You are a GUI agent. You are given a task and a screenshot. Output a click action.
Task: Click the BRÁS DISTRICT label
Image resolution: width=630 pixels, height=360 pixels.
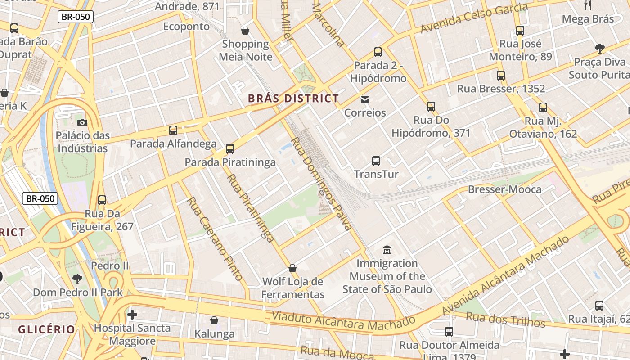(x=293, y=99)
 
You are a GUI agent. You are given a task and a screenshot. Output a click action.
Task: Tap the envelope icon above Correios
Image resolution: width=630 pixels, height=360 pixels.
(x=364, y=99)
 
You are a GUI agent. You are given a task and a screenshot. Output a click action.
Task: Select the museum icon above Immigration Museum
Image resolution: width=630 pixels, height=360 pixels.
(x=387, y=250)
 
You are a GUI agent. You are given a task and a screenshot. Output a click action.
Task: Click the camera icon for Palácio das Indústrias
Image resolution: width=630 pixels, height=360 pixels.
(x=82, y=122)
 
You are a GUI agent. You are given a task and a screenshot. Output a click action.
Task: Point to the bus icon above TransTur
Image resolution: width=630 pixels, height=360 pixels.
(x=376, y=161)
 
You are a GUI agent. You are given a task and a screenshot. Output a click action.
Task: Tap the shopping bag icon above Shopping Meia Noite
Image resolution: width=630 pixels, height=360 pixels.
(x=245, y=31)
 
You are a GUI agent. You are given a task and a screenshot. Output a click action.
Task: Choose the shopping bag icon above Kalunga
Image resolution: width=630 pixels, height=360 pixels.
(x=214, y=320)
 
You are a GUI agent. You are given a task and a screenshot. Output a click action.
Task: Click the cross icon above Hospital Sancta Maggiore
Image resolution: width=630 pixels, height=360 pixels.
(x=132, y=314)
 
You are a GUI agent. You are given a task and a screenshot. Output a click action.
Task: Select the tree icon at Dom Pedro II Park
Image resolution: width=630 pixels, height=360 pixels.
(x=77, y=279)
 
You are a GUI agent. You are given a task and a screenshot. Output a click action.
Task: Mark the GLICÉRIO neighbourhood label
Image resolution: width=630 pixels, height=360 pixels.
(x=46, y=329)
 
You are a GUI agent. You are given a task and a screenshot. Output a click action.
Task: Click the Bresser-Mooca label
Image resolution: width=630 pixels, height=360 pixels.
(x=504, y=189)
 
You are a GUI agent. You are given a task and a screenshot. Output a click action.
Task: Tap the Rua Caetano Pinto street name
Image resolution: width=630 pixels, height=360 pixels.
(x=215, y=238)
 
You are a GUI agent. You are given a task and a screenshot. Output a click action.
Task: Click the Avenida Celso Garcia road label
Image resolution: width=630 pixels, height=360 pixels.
(x=474, y=18)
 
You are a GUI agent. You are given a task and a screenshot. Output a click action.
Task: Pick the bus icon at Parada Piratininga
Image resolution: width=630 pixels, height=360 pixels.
(x=230, y=148)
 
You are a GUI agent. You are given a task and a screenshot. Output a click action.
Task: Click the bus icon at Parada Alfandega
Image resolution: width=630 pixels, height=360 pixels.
(x=173, y=130)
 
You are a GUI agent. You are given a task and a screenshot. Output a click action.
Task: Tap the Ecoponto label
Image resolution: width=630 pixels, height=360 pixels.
(x=186, y=27)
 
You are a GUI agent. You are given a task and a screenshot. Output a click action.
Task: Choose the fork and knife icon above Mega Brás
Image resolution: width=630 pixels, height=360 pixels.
(x=588, y=5)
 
